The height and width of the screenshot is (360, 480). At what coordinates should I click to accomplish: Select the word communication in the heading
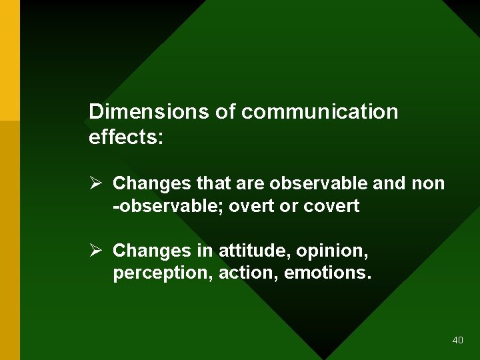pyautogui.click(x=319, y=111)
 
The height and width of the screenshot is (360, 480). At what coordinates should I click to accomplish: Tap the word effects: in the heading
pyautogui.click(x=126, y=137)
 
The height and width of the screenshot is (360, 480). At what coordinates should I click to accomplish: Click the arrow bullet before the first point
pyautogui.click(x=95, y=183)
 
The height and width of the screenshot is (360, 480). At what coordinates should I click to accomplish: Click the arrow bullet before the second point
pyautogui.click(x=95, y=251)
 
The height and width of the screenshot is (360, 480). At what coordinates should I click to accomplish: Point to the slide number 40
pyautogui.click(x=457, y=340)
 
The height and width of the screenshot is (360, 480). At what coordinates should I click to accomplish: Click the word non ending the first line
pyautogui.click(x=428, y=183)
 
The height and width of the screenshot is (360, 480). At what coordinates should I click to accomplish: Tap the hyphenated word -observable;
pyautogui.click(x=169, y=206)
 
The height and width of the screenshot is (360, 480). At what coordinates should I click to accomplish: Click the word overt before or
pyautogui.click(x=252, y=206)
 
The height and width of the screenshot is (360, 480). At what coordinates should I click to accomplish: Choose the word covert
pyautogui.click(x=331, y=206)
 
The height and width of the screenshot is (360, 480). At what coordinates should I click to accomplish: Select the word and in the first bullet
pyautogui.click(x=389, y=183)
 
